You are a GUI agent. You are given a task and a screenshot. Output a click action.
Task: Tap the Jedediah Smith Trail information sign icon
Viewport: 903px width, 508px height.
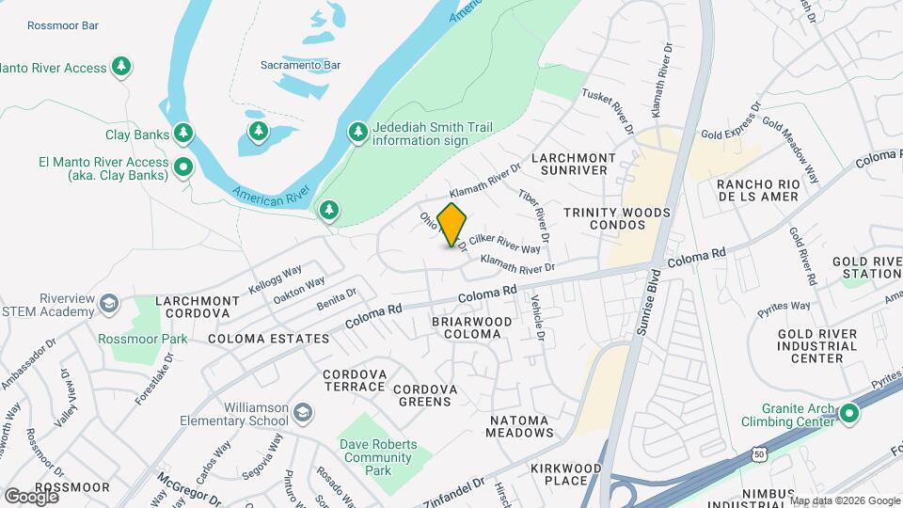[357, 133]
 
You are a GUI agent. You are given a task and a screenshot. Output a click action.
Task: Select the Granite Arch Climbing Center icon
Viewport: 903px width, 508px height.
[850, 412]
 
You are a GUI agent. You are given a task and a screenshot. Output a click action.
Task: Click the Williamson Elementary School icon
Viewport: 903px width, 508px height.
[303, 413]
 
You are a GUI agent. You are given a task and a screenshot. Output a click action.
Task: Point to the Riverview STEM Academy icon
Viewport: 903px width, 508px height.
[109, 304]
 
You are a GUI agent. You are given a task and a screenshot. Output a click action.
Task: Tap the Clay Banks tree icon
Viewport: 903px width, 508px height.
[184, 134]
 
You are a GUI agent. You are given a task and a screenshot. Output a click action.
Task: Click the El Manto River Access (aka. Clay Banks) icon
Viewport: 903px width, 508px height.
[184, 168]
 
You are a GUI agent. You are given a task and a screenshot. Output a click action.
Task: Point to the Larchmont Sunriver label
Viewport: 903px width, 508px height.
[574, 165]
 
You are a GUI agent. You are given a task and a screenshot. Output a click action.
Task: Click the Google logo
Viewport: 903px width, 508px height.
[31, 495]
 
